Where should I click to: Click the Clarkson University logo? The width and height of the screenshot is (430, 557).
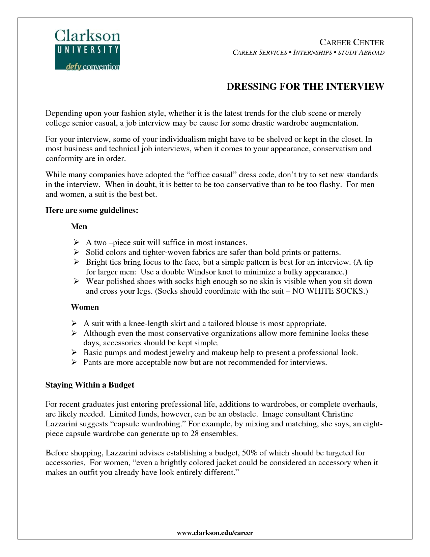click(x=87, y=50)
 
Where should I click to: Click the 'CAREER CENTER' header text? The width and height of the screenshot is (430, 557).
click(x=352, y=43)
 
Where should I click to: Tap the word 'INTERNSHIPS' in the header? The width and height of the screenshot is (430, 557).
click(x=313, y=53)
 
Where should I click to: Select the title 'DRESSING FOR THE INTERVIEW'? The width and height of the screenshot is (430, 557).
click(x=305, y=87)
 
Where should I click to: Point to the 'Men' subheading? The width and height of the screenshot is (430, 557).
click(x=79, y=227)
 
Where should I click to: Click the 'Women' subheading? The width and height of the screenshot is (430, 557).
click(x=85, y=307)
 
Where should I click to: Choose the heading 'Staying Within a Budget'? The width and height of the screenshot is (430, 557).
click(x=90, y=385)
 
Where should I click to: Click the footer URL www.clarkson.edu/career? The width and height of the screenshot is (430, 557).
click(x=215, y=533)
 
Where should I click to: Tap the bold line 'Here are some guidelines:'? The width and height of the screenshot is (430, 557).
click(x=92, y=210)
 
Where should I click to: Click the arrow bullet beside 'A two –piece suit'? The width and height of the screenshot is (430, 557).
click(x=76, y=242)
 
